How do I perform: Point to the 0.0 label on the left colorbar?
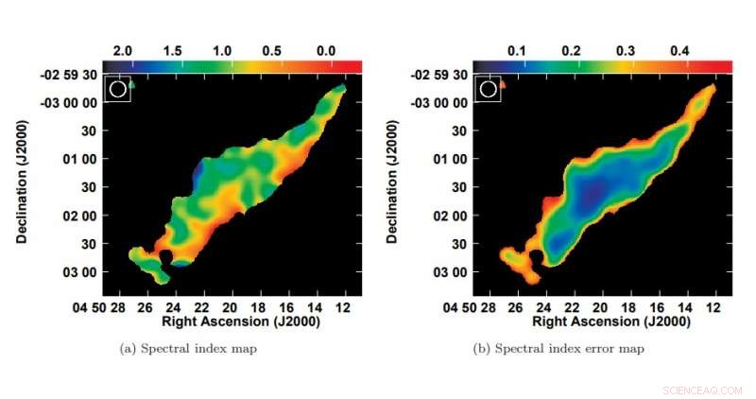pyautogui.click(x=328, y=48)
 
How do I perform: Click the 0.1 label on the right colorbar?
pyautogui.click(x=516, y=48)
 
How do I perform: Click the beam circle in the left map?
pyautogui.click(x=117, y=89)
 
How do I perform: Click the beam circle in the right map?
pyautogui.click(x=489, y=89)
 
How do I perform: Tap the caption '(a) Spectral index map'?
pyautogui.click(x=188, y=349)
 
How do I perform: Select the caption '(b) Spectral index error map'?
pyautogui.click(x=558, y=349)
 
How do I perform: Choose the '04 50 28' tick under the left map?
pyautogui.click(x=100, y=307)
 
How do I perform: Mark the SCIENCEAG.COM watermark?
pyautogui.click(x=702, y=390)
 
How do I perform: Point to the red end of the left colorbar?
pyautogui.click(x=354, y=65)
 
